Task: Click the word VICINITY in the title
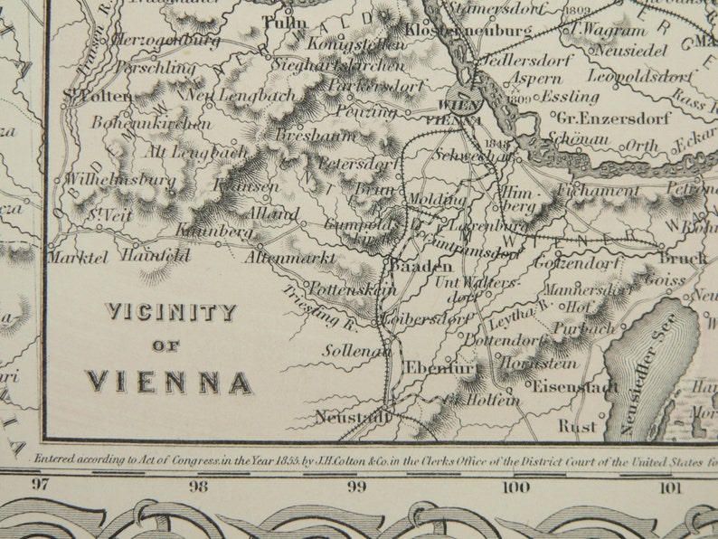click(x=171, y=313)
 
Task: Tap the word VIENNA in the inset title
click(x=169, y=382)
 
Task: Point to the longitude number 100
click(x=516, y=487)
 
